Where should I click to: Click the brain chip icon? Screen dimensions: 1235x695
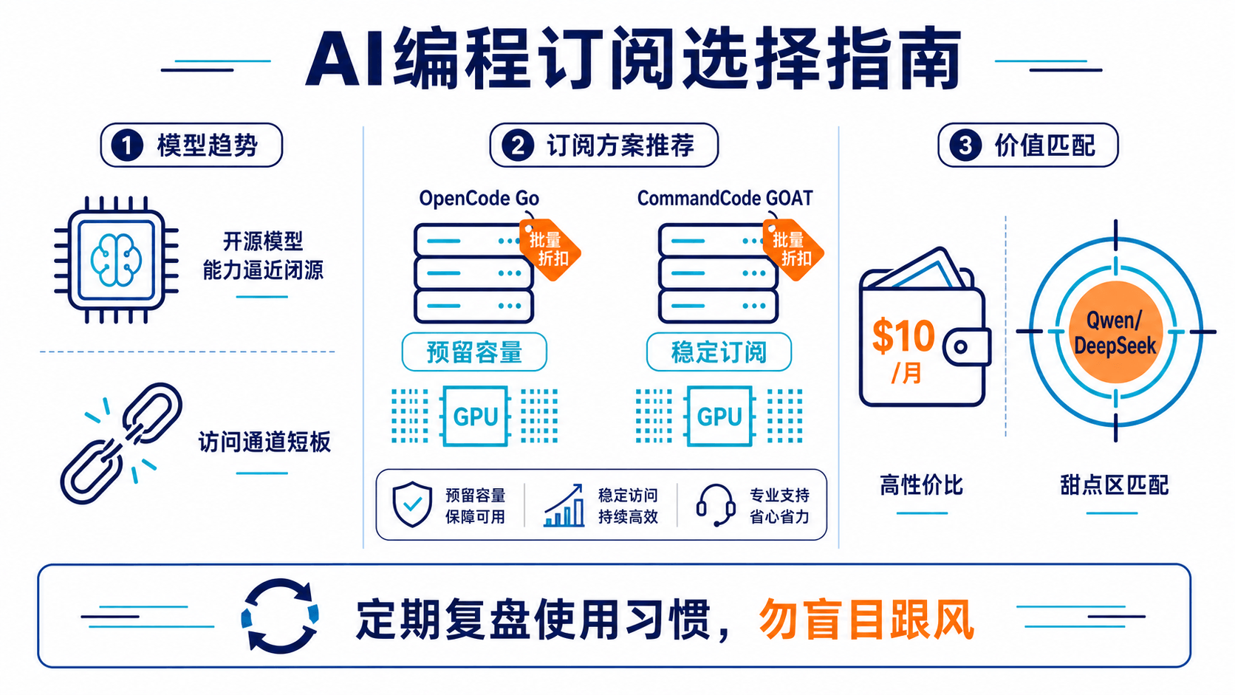tap(116, 259)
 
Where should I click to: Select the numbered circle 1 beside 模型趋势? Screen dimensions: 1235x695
tap(127, 145)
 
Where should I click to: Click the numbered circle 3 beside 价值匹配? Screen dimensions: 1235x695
tap(965, 145)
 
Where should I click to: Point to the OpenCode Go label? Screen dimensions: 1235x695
tap(479, 199)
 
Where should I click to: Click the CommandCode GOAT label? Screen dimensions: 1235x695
tap(725, 199)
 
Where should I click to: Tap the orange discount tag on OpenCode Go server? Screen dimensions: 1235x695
tap(550, 249)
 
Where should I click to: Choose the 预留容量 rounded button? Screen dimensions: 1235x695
tap(474, 352)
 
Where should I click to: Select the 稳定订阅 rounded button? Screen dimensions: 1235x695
tap(719, 352)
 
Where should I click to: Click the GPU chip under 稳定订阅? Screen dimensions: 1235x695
tap(719, 416)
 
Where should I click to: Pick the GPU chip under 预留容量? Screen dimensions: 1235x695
tap(475, 416)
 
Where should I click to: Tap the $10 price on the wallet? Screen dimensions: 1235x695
tap(903, 335)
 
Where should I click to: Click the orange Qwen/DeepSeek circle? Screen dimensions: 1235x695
tap(1115, 332)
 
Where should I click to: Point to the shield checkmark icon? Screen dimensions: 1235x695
tap(412, 504)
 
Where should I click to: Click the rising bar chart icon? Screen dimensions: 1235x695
tap(564, 505)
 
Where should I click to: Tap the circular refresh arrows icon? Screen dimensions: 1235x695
tap(280, 616)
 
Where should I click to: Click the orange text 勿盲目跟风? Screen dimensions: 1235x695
tap(866, 620)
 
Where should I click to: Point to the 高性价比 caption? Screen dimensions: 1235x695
tap(921, 485)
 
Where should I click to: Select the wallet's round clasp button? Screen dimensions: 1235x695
tap(961, 346)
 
